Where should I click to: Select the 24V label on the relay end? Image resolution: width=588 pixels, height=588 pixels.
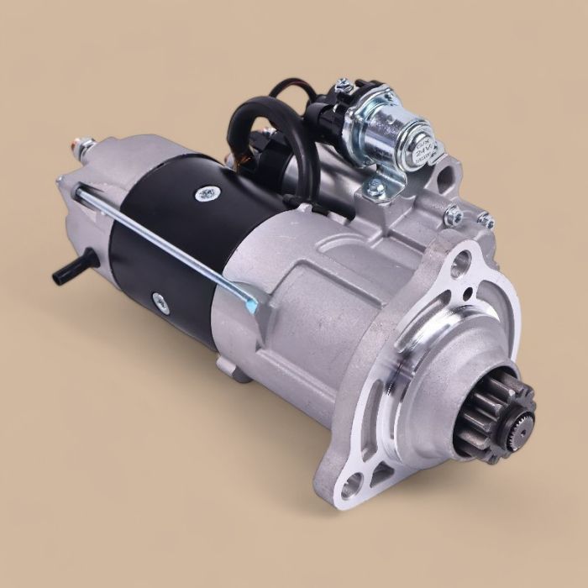[420, 149]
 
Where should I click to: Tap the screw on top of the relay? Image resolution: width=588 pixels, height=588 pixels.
[342, 86]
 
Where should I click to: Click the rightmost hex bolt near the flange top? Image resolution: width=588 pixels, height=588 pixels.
[485, 220]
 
